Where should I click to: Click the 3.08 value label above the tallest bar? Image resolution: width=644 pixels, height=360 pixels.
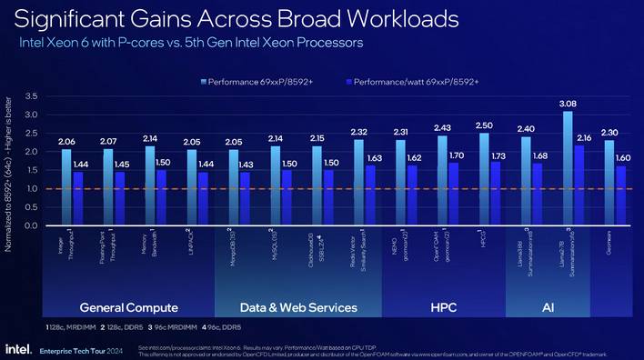[x=567, y=105]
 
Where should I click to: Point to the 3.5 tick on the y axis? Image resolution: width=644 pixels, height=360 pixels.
[x=31, y=96]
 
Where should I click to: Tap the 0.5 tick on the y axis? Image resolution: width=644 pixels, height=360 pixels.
[x=31, y=207]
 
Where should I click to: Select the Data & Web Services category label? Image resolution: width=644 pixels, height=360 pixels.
[x=297, y=307]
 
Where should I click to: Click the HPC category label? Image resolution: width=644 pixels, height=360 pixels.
[x=443, y=307]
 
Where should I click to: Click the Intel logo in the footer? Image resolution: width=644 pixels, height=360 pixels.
[x=19, y=348]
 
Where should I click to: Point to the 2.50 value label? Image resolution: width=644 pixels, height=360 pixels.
[x=484, y=125]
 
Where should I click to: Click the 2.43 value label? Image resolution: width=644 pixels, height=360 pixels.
[x=442, y=127]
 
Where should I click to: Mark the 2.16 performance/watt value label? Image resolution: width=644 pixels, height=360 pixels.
[x=585, y=137]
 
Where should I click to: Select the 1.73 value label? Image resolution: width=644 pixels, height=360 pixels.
[x=498, y=156]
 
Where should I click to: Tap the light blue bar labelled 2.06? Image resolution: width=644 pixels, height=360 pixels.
[x=66, y=187]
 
